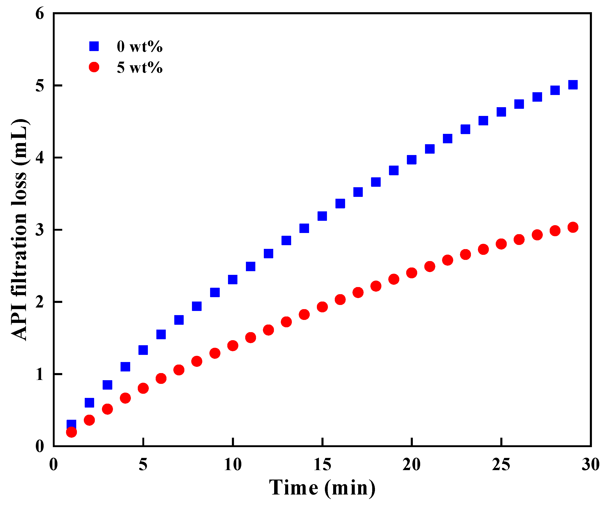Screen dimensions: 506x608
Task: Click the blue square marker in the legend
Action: point(94,46)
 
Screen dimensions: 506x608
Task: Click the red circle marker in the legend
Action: point(94,67)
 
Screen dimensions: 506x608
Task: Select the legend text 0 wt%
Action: point(140,46)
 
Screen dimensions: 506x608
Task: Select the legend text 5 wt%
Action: point(140,68)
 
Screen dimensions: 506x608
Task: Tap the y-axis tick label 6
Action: point(40,14)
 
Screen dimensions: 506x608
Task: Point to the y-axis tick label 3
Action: point(40,230)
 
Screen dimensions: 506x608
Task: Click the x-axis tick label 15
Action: point(322,465)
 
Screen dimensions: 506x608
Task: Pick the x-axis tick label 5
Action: point(143,465)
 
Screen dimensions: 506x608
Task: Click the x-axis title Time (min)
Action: point(322,488)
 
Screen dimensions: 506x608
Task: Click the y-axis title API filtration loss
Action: point(20,229)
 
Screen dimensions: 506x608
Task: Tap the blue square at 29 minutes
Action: point(573,85)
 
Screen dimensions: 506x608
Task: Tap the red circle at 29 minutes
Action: point(573,227)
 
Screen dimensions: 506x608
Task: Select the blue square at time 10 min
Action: point(233,279)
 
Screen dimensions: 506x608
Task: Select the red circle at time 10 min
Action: point(233,346)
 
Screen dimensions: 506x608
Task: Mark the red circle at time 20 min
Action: point(411,273)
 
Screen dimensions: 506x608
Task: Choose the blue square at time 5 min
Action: point(143,350)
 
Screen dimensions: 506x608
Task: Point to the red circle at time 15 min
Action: point(322,307)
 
